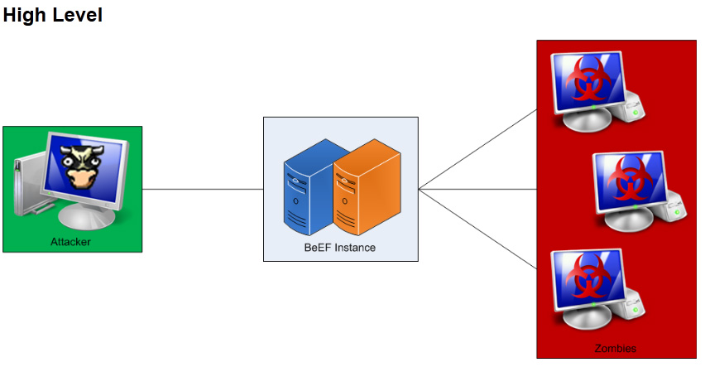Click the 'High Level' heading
pos(53,15)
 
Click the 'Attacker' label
pos(70,242)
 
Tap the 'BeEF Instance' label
pos(339,248)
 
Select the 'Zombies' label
pos(616,348)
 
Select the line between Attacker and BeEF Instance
pos(203,189)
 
